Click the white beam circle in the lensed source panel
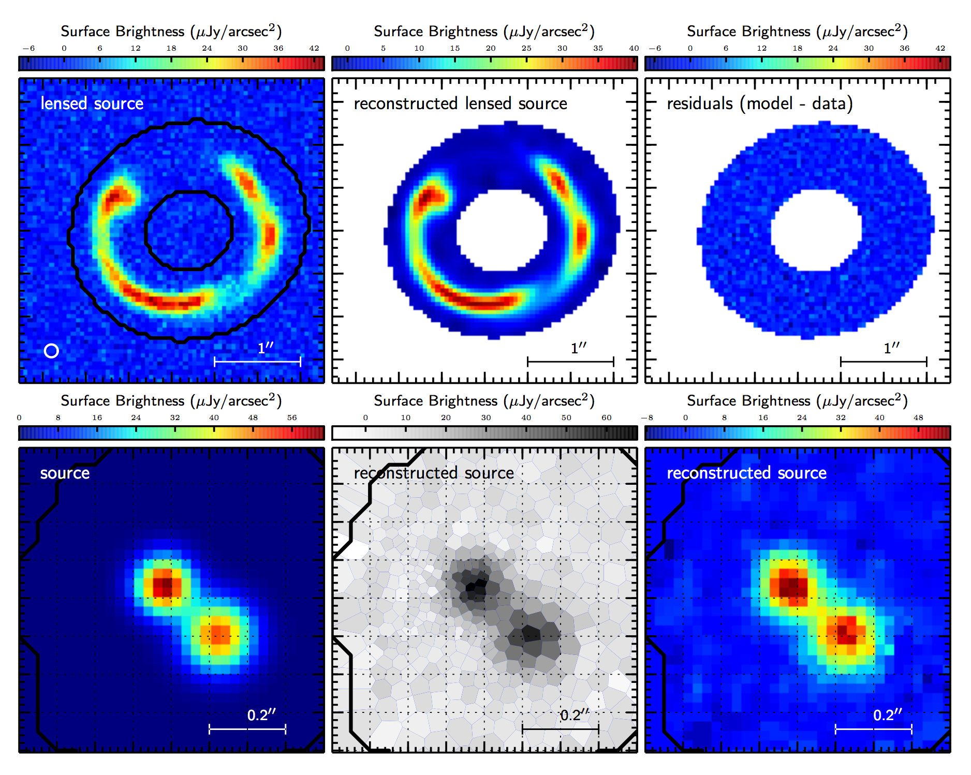point(51,351)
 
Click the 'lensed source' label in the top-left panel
point(92,103)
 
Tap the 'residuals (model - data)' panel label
point(759,103)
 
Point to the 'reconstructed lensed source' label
point(460,103)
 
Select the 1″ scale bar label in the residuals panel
point(891,348)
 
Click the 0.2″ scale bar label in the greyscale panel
point(575,715)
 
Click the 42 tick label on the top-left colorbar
point(314,48)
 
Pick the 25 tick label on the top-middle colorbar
point(526,48)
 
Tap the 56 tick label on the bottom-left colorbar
point(292,418)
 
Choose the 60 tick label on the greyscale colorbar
point(607,418)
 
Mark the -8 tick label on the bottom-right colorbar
point(647,418)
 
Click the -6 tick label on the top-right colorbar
point(655,48)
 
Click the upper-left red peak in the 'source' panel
point(164,585)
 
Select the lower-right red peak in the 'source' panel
point(220,633)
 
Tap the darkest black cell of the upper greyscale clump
point(472,586)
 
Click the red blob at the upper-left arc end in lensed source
point(116,197)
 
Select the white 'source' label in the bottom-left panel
point(65,473)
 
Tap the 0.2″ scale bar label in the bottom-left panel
point(261,715)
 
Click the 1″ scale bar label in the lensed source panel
point(266,348)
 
